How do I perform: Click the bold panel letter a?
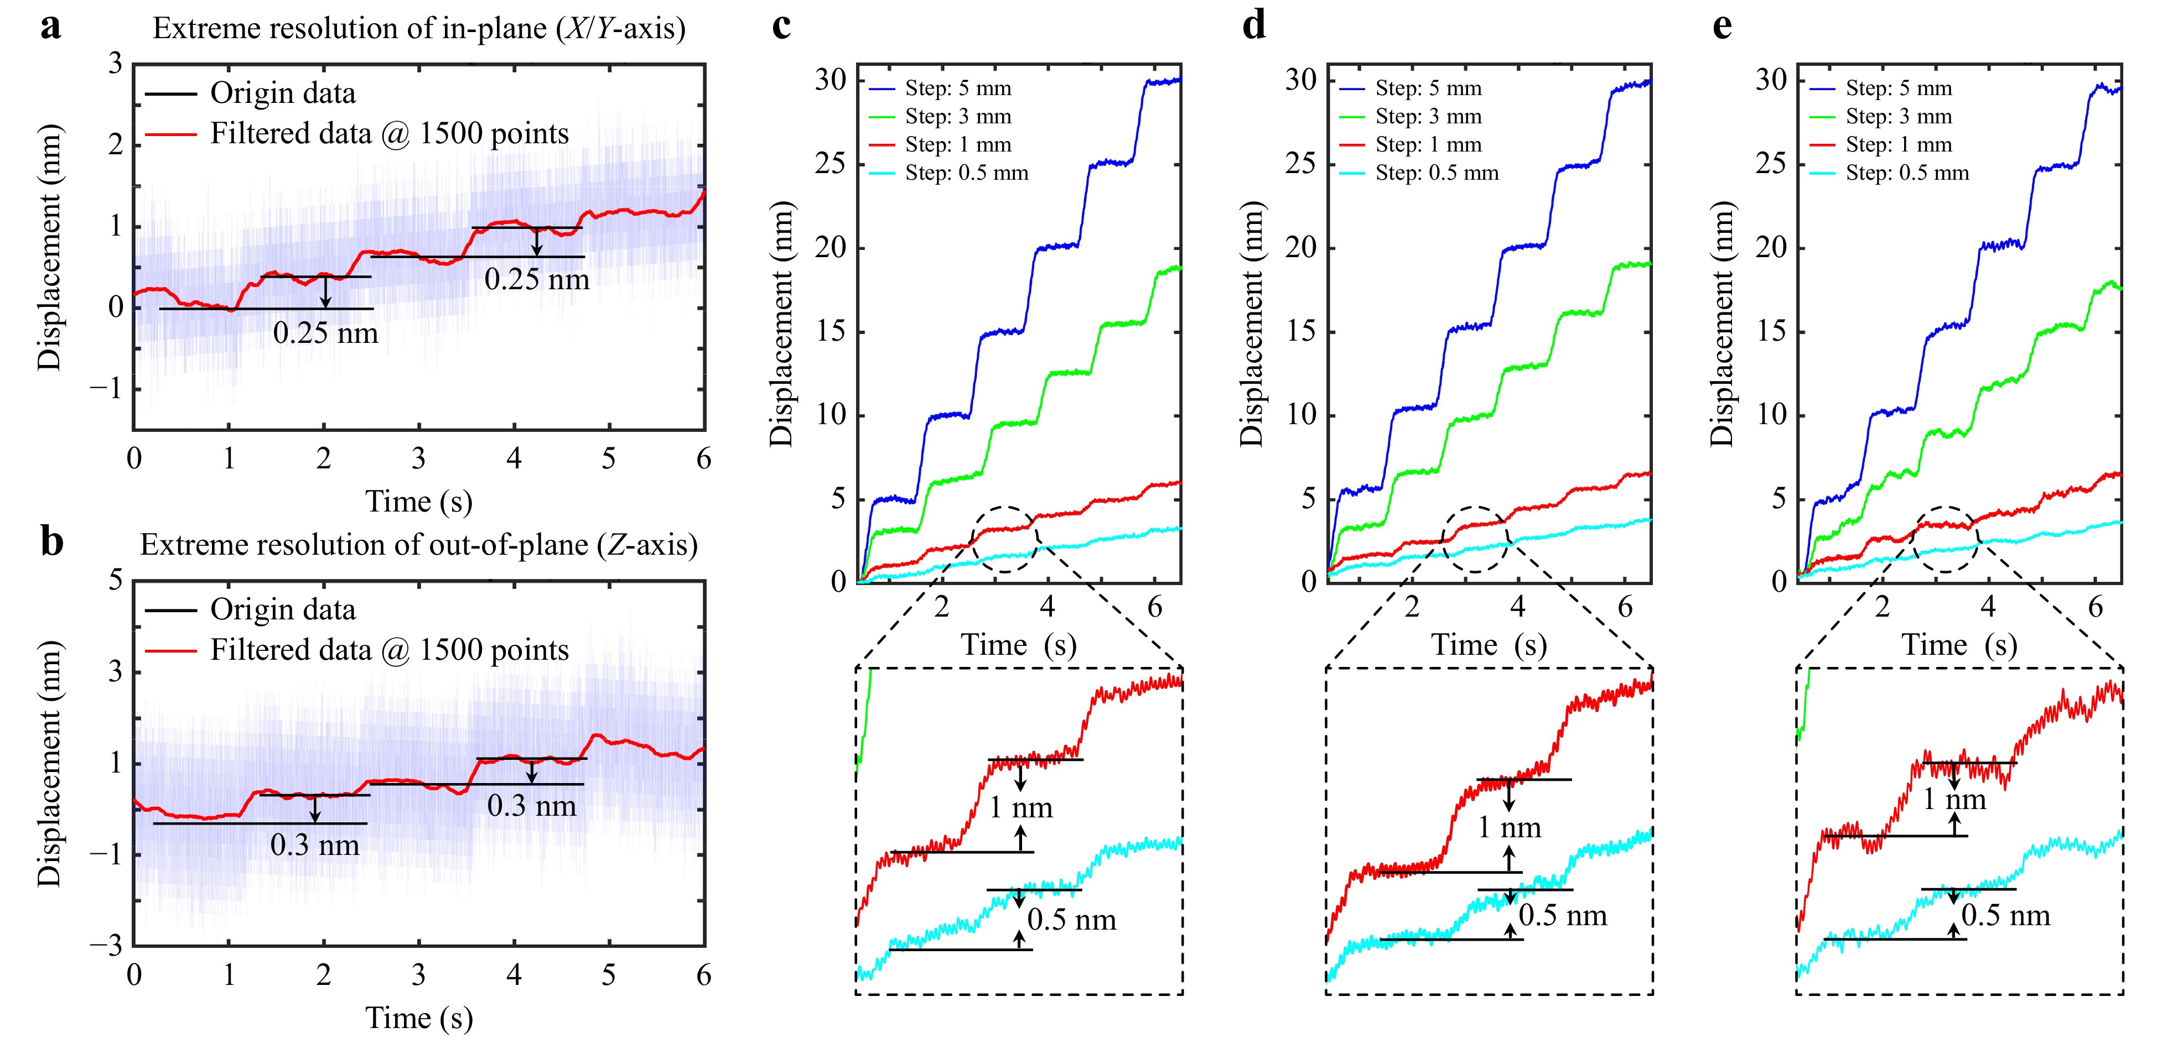51,28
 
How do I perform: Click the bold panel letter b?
52,543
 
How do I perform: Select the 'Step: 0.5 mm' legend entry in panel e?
1907,173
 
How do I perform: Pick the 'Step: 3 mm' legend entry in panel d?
1428,116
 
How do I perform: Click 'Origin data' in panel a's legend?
282,93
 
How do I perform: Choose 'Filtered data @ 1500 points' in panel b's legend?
388,650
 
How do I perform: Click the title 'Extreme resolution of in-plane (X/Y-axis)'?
419,28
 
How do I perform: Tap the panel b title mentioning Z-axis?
419,545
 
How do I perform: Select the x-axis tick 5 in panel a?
609,459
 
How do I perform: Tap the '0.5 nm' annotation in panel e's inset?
2005,915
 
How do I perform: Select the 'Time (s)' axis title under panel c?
1018,645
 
